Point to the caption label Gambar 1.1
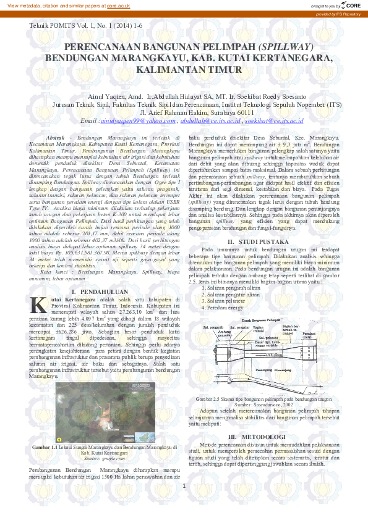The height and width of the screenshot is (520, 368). pos(44,447)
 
